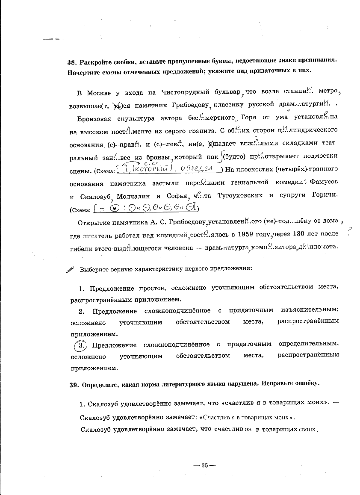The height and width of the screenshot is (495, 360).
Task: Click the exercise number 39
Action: tap(74, 383)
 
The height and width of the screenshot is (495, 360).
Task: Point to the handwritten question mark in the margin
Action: tap(350, 231)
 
